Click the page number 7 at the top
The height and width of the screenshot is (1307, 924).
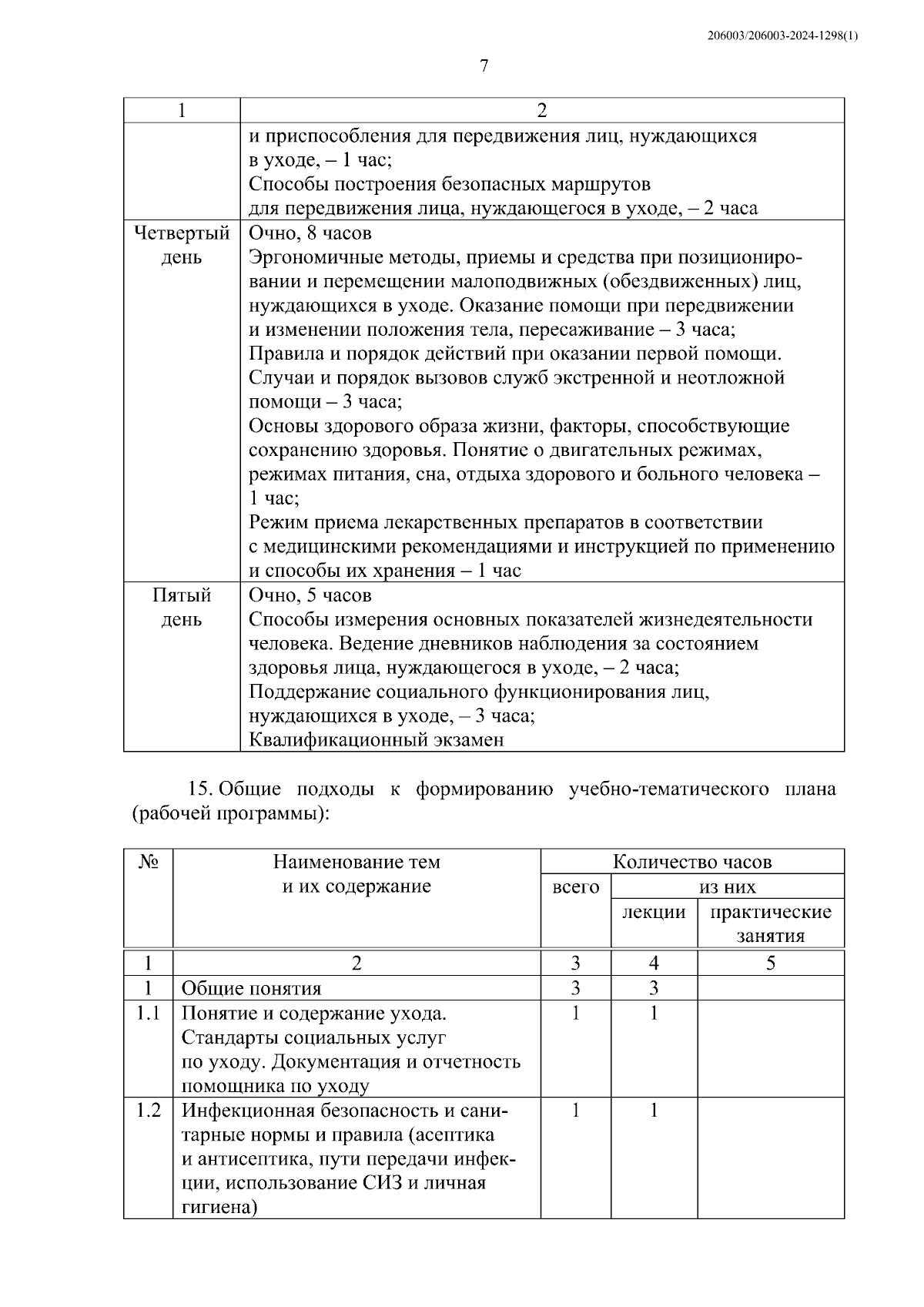(x=484, y=66)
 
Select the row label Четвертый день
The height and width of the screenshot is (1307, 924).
(x=182, y=245)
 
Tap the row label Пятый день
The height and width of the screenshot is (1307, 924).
(x=182, y=608)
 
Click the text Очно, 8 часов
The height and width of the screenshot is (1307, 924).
(x=310, y=233)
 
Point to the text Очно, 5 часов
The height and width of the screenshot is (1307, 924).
(x=310, y=595)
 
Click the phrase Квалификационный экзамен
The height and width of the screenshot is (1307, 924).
(x=377, y=740)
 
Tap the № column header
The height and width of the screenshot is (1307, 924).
(x=149, y=862)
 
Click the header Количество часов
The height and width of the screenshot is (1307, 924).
(x=691, y=862)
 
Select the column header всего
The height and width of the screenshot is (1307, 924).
(x=575, y=887)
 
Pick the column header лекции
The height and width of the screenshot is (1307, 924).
(x=654, y=912)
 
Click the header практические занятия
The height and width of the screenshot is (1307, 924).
(x=770, y=923)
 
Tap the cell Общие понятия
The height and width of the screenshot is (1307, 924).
(x=251, y=988)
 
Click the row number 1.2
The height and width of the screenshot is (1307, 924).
(x=149, y=1111)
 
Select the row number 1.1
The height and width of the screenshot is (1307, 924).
(x=149, y=1013)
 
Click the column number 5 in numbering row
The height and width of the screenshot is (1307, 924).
(x=770, y=963)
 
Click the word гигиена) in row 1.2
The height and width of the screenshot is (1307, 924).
(x=218, y=1208)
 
